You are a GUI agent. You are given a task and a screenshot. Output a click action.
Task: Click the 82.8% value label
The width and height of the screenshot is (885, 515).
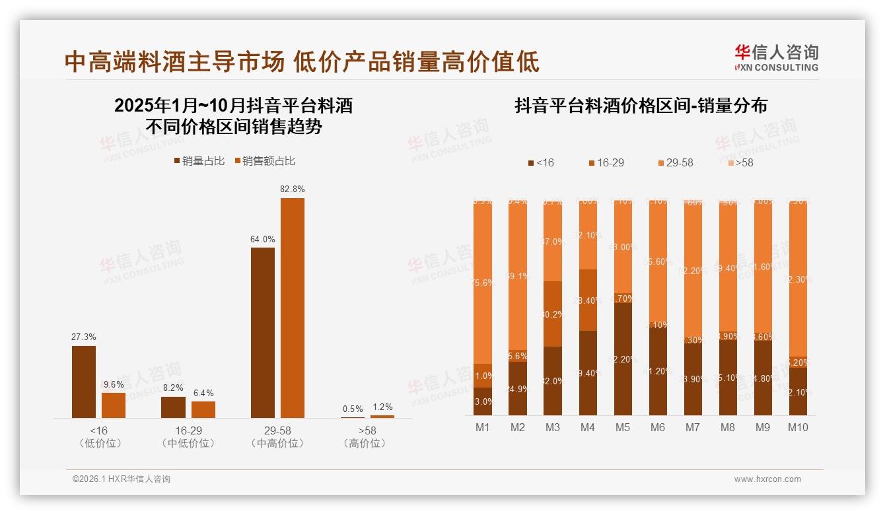tap(292, 189)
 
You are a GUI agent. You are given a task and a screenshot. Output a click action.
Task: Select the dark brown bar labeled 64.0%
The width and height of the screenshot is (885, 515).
tap(263, 332)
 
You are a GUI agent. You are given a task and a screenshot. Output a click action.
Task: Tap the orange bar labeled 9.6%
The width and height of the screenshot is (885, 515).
tap(114, 405)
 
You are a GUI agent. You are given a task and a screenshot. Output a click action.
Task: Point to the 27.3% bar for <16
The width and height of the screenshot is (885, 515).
tap(84, 382)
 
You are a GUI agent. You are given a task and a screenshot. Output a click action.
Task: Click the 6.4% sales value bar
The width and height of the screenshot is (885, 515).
tap(203, 409)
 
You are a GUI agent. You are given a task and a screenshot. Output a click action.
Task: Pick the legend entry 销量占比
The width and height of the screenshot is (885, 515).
tap(199, 161)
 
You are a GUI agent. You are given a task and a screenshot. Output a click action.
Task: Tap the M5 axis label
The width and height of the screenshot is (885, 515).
tap(623, 428)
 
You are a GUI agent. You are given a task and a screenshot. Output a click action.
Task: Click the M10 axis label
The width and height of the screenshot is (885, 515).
tap(798, 428)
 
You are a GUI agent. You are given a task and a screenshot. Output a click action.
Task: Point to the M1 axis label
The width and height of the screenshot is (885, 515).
tap(483, 428)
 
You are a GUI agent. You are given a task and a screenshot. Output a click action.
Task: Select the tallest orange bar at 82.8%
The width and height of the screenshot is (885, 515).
tap(293, 308)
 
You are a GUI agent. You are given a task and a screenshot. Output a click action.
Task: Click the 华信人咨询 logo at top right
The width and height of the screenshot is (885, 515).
tap(777, 57)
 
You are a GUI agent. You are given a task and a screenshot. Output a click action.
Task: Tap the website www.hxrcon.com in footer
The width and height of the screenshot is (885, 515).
tap(767, 479)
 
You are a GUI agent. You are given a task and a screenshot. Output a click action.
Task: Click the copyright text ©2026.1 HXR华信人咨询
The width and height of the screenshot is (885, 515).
tap(122, 479)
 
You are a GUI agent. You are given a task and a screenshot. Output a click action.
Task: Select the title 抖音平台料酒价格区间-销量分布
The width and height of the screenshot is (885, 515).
tap(641, 106)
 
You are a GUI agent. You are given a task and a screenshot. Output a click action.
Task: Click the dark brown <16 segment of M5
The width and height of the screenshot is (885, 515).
tap(623, 359)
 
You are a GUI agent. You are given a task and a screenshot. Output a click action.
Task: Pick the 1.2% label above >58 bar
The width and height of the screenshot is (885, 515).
tap(382, 407)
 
